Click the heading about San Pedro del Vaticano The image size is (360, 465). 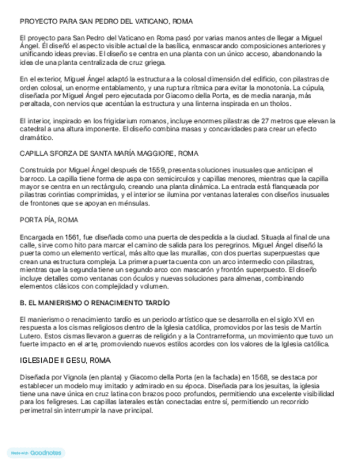pos(105,22)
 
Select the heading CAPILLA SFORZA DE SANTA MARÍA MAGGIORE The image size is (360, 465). pos(109,154)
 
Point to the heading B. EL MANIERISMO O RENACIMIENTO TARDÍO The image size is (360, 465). pos(95,302)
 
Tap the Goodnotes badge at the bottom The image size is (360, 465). pos(36,453)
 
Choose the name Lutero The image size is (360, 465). pos(31,336)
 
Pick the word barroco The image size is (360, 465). pos(32,178)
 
